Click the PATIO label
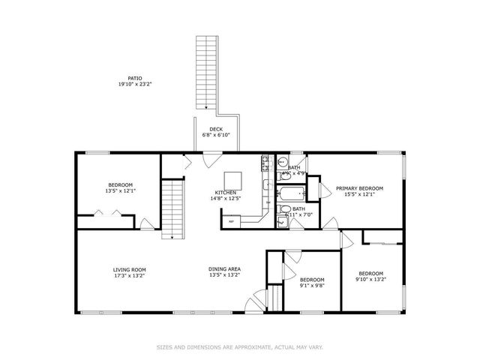[x=135, y=77]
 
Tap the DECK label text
[x=215, y=129]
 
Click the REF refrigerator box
[x=232, y=221]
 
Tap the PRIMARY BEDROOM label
[x=359, y=188]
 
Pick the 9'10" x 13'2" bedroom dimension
[x=370, y=280]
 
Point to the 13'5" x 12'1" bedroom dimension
[x=120, y=191]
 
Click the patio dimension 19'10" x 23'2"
[x=135, y=84]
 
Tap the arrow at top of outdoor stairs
[x=205, y=106]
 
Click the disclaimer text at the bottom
[x=240, y=347]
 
